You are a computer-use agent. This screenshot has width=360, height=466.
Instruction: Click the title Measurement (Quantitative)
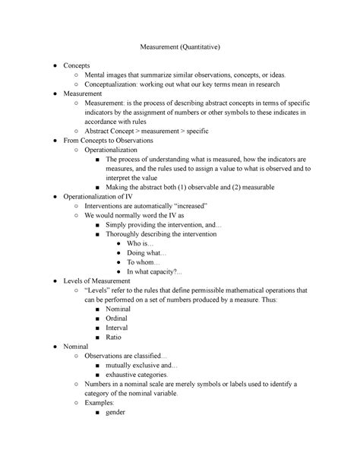179,47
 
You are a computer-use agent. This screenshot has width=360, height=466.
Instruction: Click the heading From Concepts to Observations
109,141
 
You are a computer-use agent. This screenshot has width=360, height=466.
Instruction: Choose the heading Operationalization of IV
103,196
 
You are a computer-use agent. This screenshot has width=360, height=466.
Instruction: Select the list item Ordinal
118,319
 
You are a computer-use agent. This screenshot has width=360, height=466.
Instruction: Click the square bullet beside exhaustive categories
97,375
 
